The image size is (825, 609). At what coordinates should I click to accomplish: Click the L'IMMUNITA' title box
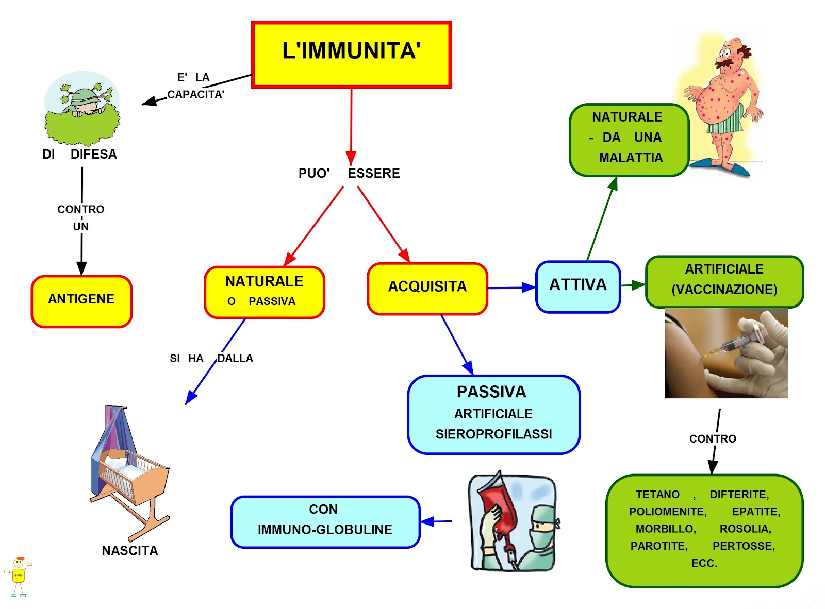(351, 55)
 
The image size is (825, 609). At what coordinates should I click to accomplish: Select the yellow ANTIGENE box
(81, 301)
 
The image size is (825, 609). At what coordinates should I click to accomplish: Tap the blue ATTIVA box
(578, 286)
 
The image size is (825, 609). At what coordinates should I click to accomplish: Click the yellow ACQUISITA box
(427, 289)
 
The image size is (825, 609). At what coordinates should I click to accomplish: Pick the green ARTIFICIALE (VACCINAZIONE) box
(724, 281)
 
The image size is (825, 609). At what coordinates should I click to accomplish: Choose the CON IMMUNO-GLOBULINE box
(325, 521)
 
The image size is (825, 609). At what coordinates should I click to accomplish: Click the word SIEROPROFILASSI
(493, 434)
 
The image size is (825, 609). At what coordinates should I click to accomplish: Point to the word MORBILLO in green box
(665, 529)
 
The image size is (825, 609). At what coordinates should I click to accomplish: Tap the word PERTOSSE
(744, 546)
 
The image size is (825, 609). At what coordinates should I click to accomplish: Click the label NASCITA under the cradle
(130, 551)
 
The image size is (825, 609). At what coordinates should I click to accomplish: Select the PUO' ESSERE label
(349, 174)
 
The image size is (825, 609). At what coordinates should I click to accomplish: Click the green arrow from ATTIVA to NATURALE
(601, 219)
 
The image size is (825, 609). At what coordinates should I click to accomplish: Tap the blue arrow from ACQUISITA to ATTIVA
(510, 287)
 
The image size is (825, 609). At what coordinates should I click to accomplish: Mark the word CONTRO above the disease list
(713, 439)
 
